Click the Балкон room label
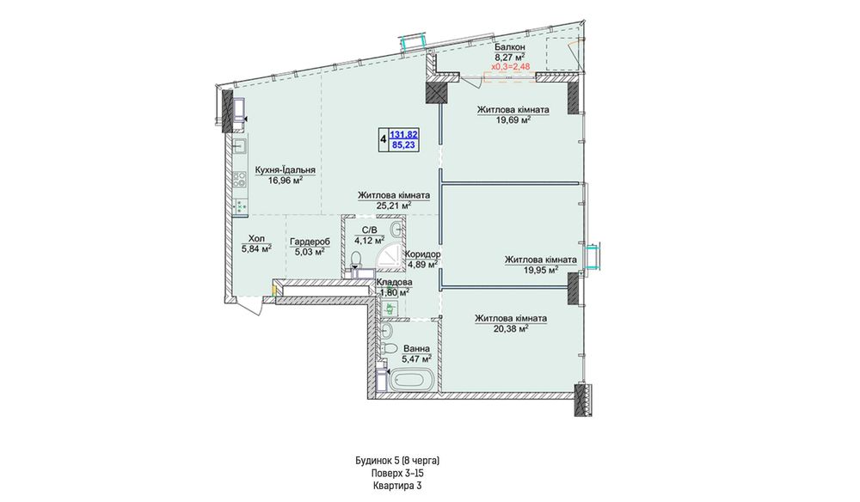pyautogui.click(x=509, y=47)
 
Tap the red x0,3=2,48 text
pyautogui.click(x=510, y=66)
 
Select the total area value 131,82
pyautogui.click(x=404, y=134)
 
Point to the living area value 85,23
pyautogui.click(x=404, y=144)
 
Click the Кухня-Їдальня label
pyautogui.click(x=286, y=170)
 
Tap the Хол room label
pyautogui.click(x=256, y=239)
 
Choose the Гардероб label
pyautogui.click(x=310, y=242)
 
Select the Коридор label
pyautogui.click(x=422, y=254)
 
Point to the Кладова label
pyautogui.click(x=395, y=282)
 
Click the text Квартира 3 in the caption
pyautogui.click(x=397, y=486)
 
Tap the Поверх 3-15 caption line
pyautogui.click(x=397, y=473)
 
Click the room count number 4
pyautogui.click(x=383, y=139)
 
